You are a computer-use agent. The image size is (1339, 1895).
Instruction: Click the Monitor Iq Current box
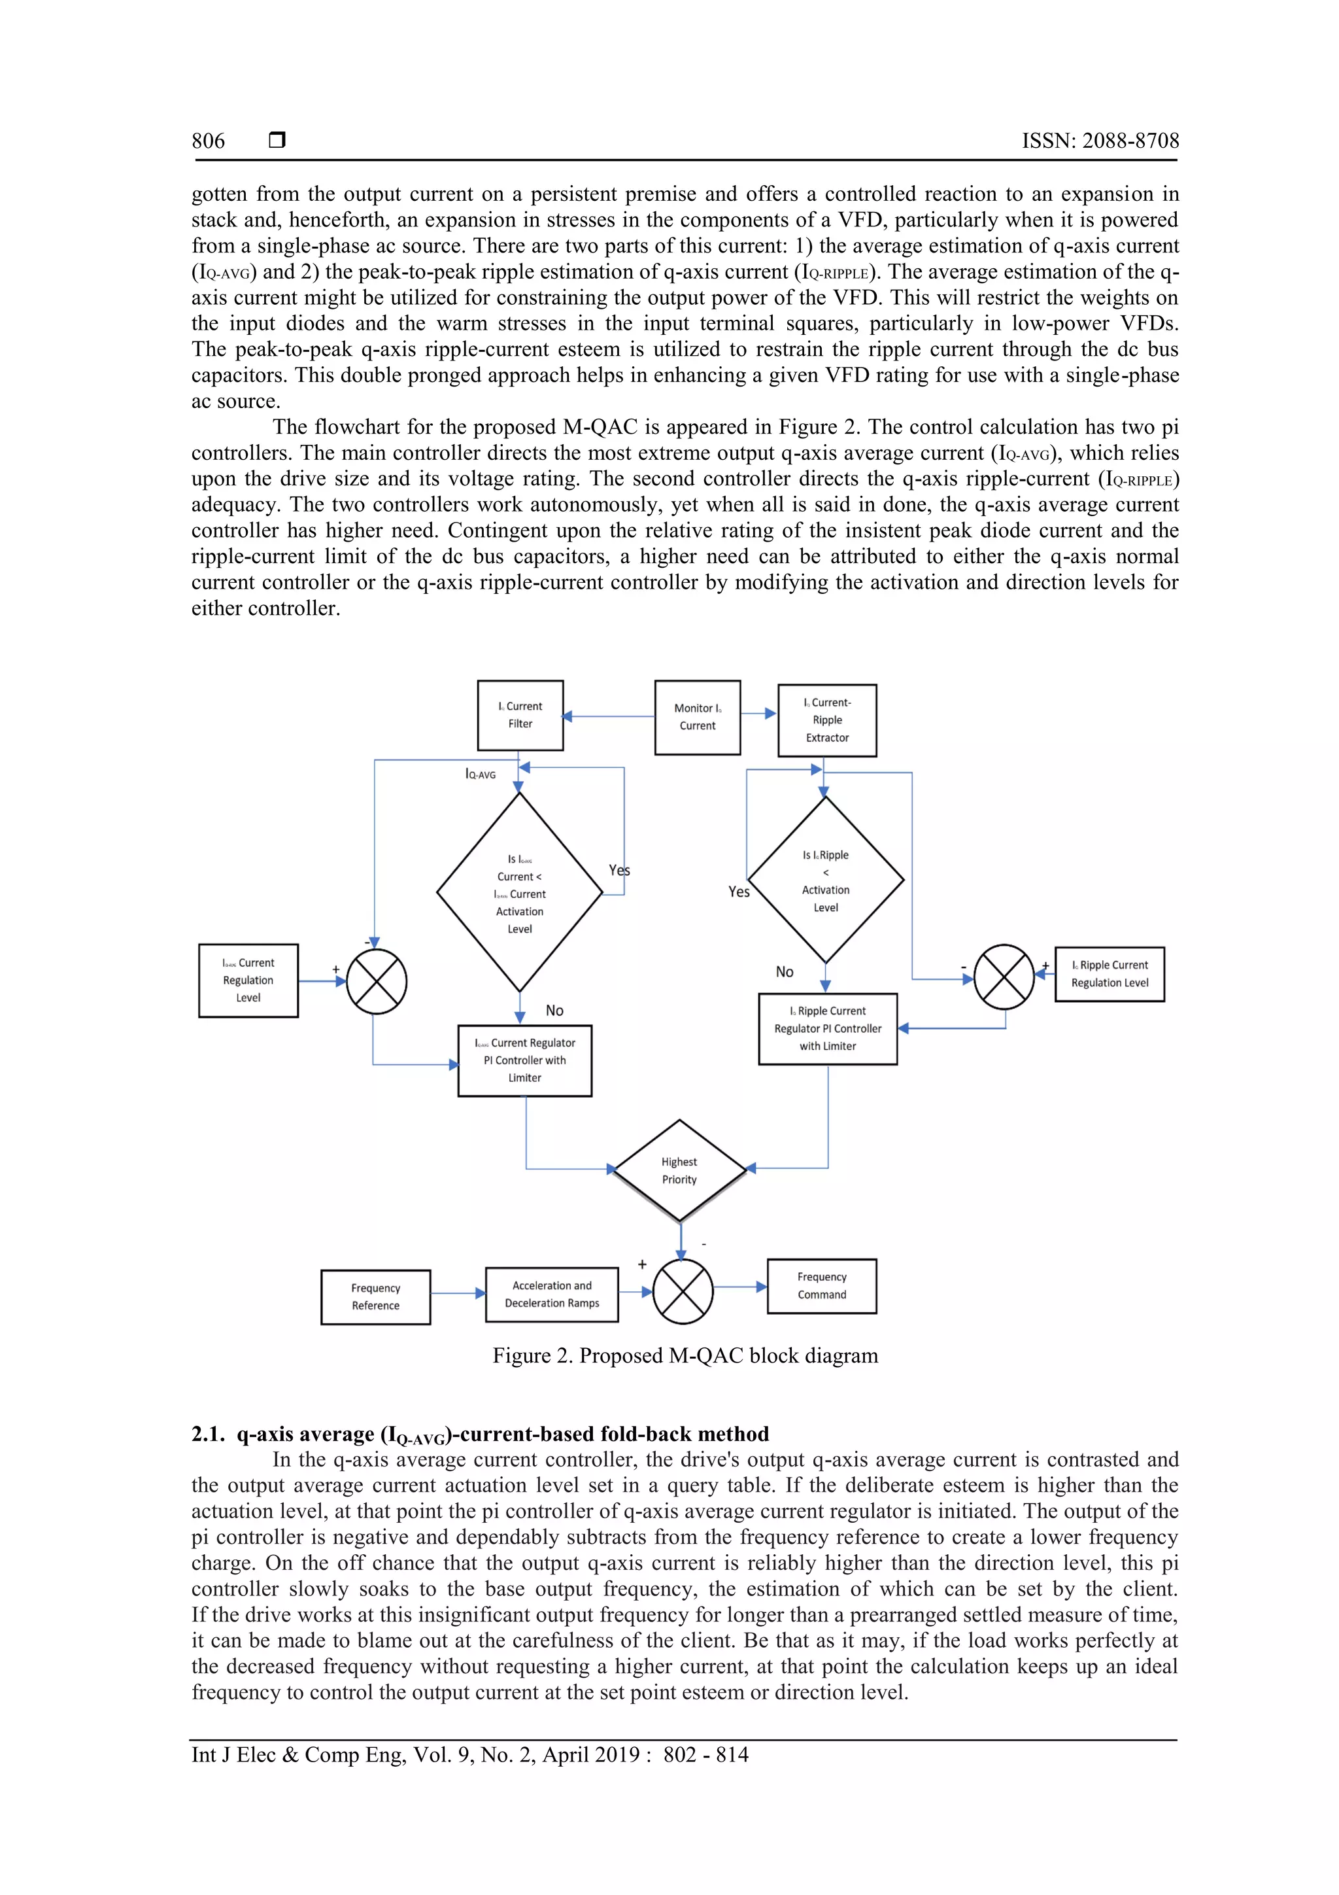[x=697, y=716]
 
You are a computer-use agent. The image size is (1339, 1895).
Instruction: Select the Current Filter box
[x=520, y=715]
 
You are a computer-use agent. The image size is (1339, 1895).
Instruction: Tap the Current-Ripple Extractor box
[x=826, y=720]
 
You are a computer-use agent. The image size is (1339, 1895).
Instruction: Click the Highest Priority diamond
[x=680, y=1170]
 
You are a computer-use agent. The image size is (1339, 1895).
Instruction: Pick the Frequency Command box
[x=822, y=1286]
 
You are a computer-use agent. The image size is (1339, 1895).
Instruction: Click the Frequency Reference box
[x=375, y=1296]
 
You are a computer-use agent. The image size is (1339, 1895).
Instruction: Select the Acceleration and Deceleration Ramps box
[x=552, y=1294]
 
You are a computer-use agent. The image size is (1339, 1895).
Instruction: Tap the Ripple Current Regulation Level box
[x=1110, y=974]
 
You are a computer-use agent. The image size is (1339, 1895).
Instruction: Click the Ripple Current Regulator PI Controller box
[x=828, y=1028]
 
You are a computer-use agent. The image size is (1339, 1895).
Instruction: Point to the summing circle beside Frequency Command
[x=683, y=1292]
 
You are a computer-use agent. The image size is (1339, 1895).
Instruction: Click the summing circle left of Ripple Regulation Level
[x=1004, y=977]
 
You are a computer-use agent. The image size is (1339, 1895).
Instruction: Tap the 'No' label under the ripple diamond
[x=785, y=971]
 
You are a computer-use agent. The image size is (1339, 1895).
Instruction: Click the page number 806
[x=208, y=141]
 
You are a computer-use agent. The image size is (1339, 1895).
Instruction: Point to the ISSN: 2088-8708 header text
[x=1100, y=141]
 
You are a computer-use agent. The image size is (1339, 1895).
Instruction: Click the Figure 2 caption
[x=685, y=1355]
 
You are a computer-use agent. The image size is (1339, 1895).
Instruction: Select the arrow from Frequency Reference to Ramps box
[x=458, y=1293]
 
